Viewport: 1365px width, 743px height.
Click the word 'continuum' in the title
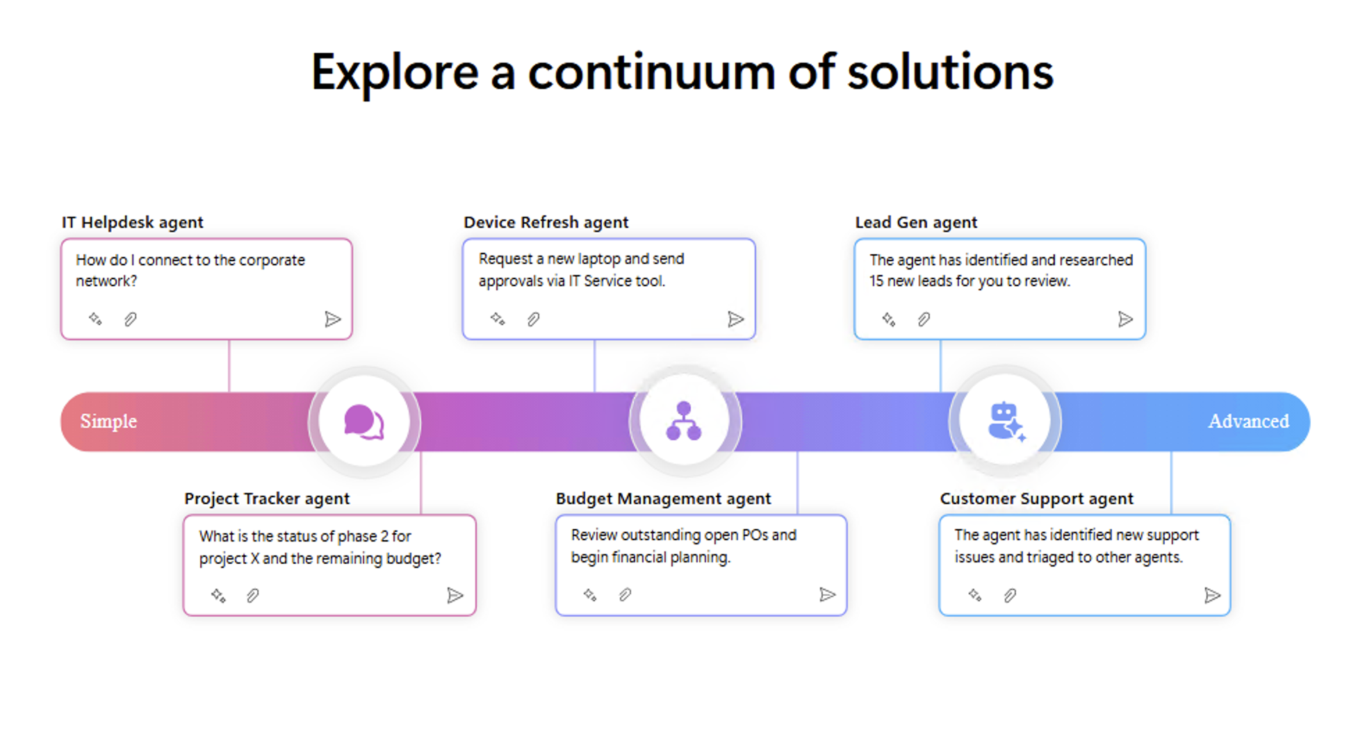pyautogui.click(x=651, y=73)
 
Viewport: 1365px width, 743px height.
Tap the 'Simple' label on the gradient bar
pyautogui.click(x=108, y=421)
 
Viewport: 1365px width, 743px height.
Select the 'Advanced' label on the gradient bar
pyautogui.click(x=1248, y=421)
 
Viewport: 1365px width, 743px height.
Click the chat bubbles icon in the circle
pyautogui.click(x=363, y=421)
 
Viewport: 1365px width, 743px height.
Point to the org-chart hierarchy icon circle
pyautogui.click(x=684, y=421)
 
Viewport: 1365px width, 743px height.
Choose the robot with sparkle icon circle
pyautogui.click(x=1005, y=421)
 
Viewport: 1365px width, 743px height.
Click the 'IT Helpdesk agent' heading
pyautogui.click(x=132, y=222)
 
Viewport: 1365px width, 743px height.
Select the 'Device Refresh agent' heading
pyautogui.click(x=546, y=222)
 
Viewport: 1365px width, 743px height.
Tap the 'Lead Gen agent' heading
pyautogui.click(x=915, y=222)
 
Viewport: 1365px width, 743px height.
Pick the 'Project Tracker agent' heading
pyautogui.click(x=267, y=499)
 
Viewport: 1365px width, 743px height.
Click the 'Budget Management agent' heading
pyautogui.click(x=663, y=499)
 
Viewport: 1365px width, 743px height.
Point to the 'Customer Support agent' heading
pyautogui.click(x=1036, y=499)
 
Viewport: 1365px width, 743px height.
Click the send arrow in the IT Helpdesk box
pyautogui.click(x=332, y=319)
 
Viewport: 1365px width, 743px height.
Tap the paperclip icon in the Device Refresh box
pyautogui.click(x=533, y=319)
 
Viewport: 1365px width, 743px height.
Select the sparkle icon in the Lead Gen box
pyautogui.click(x=888, y=319)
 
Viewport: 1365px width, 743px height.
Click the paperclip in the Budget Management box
pyautogui.click(x=625, y=595)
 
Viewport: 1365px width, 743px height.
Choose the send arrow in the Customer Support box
pyautogui.click(x=1211, y=595)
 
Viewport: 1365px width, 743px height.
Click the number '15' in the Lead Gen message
pyautogui.click(x=876, y=281)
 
